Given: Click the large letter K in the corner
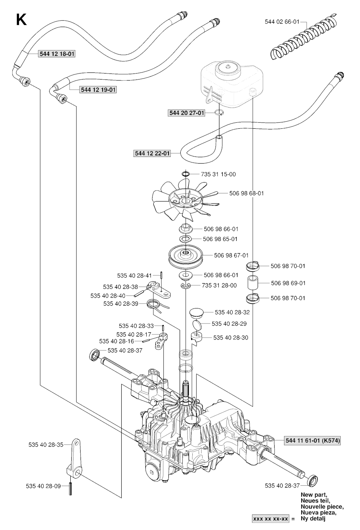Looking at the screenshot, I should tap(21, 20).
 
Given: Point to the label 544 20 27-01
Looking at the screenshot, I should tap(186, 113).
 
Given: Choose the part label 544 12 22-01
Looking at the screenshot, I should tap(152, 153).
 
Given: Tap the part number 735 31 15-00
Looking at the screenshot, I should tap(218, 174).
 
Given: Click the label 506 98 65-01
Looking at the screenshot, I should tap(221, 239).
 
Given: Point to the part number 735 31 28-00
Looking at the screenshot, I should tap(219, 285).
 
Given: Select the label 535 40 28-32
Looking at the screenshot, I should tap(232, 312).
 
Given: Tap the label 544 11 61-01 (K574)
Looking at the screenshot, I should tap(312, 440).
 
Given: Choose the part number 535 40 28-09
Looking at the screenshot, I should tap(43, 486).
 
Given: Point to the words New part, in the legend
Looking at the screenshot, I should tap(314, 494).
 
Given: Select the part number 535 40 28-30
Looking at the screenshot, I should tap(231, 338).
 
